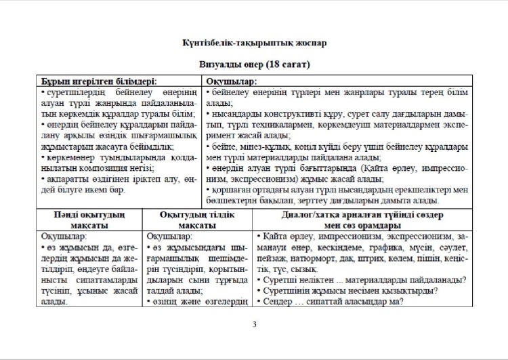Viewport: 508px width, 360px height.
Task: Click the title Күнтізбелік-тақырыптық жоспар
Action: (x=254, y=43)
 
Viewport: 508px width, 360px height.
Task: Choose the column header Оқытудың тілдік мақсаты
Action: (x=197, y=220)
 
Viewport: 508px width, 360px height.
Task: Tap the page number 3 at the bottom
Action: (x=254, y=324)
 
